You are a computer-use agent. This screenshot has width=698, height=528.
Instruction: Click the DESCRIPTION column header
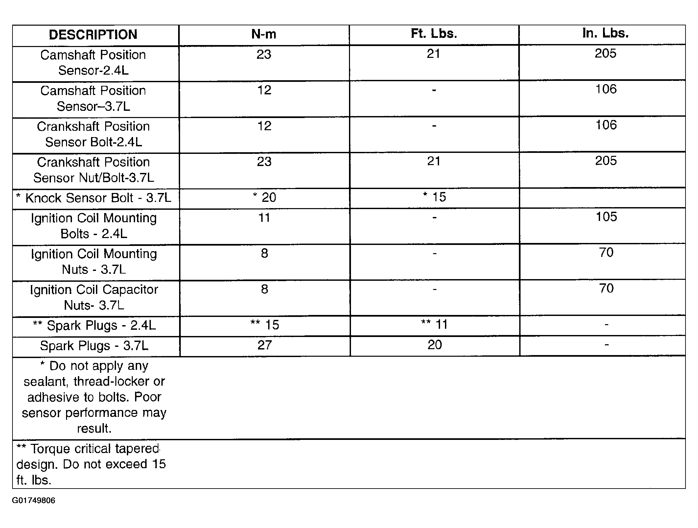click(93, 35)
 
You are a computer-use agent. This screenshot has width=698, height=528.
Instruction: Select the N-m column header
click(264, 34)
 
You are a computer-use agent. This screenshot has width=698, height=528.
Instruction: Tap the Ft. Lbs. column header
click(434, 34)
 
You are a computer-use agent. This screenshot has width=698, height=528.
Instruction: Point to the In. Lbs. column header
click(605, 33)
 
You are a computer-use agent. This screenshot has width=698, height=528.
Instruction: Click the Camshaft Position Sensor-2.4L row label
click(93, 62)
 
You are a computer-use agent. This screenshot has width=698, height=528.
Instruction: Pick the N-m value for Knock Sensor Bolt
click(265, 197)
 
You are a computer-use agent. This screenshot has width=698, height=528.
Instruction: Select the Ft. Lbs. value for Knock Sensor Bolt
click(434, 197)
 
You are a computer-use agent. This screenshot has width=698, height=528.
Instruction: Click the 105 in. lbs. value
click(606, 217)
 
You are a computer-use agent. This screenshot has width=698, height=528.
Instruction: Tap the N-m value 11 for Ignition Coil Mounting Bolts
click(264, 218)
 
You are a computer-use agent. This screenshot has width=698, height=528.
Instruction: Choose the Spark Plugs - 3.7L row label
click(94, 346)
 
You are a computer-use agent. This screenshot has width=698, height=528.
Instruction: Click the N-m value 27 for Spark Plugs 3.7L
click(265, 345)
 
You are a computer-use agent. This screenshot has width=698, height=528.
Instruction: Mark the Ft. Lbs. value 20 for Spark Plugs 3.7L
click(434, 345)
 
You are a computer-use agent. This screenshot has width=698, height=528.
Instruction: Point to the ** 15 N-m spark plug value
click(265, 325)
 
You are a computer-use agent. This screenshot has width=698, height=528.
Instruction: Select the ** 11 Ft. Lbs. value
click(434, 324)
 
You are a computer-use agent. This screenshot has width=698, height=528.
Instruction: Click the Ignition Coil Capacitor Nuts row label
click(94, 297)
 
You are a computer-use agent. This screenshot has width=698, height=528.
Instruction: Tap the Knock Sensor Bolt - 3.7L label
click(94, 198)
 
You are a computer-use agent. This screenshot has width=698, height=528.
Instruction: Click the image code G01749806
click(34, 500)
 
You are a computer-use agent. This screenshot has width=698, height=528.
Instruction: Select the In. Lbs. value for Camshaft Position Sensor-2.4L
click(605, 53)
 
